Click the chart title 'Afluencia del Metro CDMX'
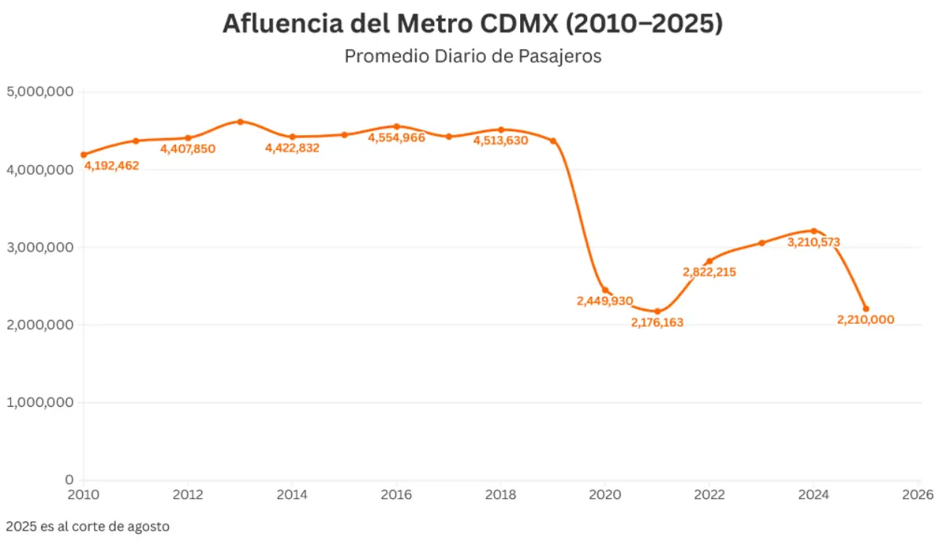tap(473, 24)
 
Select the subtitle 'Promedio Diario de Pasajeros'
tap(473, 57)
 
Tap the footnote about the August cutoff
tap(88, 525)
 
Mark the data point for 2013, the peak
tap(240, 122)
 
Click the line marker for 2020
tap(605, 290)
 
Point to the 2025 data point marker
tap(866, 309)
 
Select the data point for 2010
tap(84, 155)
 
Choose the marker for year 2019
tap(553, 141)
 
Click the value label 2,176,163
tap(657, 322)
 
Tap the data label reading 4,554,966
tap(397, 137)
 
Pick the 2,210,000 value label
tap(866, 320)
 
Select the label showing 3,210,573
tap(814, 242)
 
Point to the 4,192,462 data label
tap(111, 166)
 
